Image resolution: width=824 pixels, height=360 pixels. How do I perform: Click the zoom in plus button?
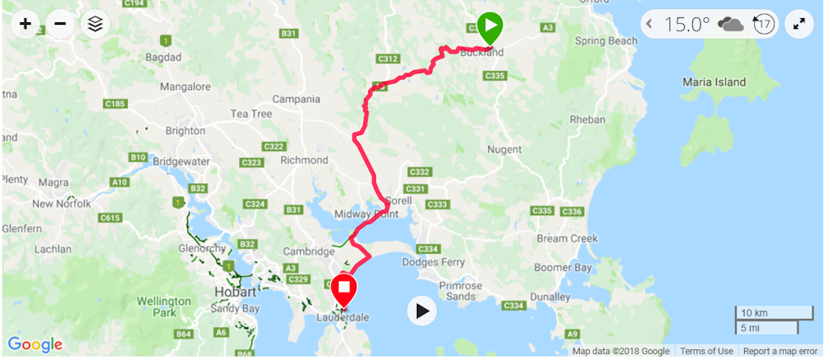coord(26,24)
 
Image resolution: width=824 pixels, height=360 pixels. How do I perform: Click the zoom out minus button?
coord(60,24)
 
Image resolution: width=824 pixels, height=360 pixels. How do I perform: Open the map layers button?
coord(96,24)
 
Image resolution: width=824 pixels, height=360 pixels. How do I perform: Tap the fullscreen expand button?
coord(798,24)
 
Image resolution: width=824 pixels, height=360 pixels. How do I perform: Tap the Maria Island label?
coord(714,82)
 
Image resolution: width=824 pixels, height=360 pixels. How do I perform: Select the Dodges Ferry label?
coord(433,263)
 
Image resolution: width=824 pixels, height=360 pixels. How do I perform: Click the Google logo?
coord(35,344)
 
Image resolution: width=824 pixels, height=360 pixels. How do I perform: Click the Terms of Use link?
coord(706,352)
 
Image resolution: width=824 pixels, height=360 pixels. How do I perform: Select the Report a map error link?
coord(780,352)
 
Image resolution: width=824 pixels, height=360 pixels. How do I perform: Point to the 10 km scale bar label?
coord(754,313)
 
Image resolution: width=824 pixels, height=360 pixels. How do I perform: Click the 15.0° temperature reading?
coord(687,24)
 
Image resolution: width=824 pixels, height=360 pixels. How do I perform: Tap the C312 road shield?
coord(388,58)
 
